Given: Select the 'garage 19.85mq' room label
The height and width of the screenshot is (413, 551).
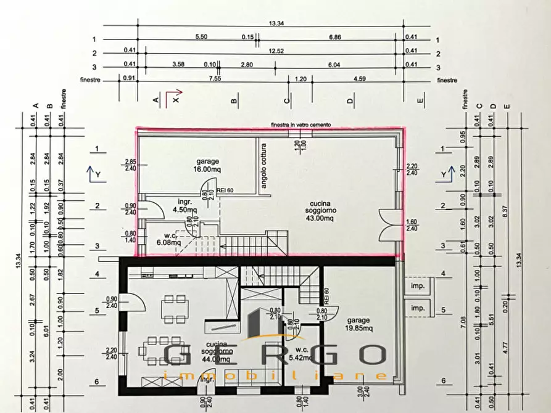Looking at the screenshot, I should pos(358,324).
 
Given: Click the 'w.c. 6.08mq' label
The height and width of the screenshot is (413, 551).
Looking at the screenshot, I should pos(168,239).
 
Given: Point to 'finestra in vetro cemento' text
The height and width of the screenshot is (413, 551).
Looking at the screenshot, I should pos(300,125).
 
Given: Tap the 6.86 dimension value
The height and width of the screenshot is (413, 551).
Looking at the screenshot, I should pos(335,37).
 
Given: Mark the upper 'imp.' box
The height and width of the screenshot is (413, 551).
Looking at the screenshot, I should pos(418,287).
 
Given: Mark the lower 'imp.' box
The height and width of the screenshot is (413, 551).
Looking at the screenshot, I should pos(418,308).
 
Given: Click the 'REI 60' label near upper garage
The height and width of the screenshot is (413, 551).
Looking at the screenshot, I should pos(226,190).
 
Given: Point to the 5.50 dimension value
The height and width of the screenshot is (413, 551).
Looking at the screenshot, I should pos(201,37).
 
